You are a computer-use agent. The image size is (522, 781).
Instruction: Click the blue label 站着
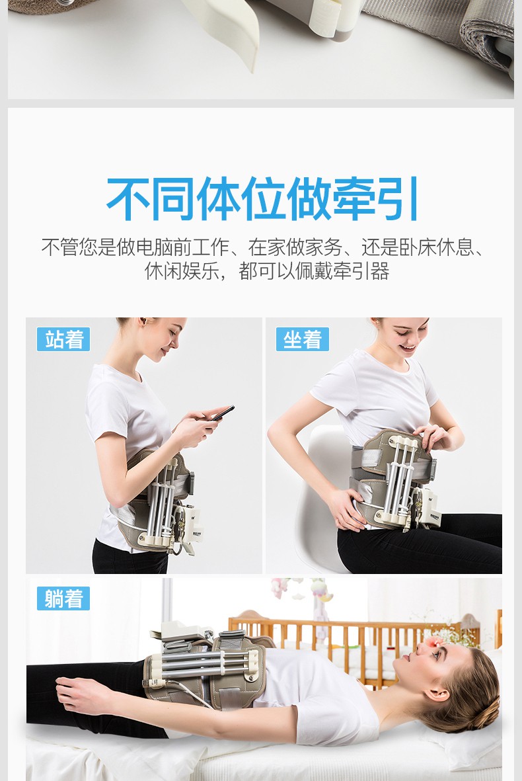[x=63, y=339]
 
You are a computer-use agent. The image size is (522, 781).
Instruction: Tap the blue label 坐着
[x=302, y=339]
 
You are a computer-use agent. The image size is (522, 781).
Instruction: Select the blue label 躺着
[x=63, y=598]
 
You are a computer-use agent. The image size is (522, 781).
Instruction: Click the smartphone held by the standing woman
[x=221, y=413]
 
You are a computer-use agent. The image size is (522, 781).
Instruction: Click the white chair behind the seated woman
[x=317, y=503]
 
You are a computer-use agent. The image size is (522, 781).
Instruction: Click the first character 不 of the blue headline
[x=129, y=198]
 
